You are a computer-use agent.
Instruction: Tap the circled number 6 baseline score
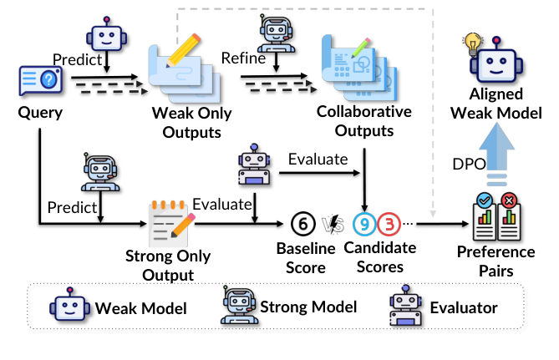coord(302,224)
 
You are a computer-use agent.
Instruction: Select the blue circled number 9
coord(363,224)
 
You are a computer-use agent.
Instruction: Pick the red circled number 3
coord(389,224)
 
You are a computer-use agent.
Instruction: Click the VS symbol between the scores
coord(333,224)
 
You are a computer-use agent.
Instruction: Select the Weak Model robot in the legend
coord(66,307)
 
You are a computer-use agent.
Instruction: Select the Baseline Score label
coord(306,257)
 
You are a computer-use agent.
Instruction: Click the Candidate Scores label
coord(380,257)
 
